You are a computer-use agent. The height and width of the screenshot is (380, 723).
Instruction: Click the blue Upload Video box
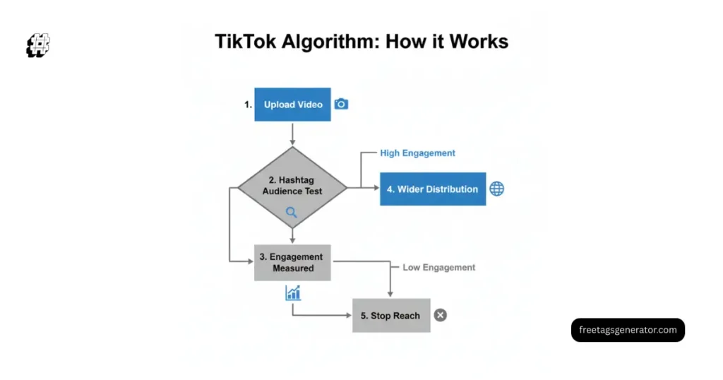pyautogui.click(x=292, y=105)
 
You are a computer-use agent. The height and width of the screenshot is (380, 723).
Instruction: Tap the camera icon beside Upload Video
pyautogui.click(x=341, y=105)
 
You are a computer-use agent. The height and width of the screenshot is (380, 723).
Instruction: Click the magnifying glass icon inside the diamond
pyautogui.click(x=292, y=212)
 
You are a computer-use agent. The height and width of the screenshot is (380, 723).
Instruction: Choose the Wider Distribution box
pyautogui.click(x=433, y=189)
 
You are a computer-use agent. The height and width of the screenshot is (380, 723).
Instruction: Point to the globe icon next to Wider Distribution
pyautogui.click(x=497, y=189)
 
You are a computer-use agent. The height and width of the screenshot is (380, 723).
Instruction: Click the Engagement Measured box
pyautogui.click(x=292, y=263)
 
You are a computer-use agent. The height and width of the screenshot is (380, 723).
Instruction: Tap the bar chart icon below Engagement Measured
pyautogui.click(x=293, y=292)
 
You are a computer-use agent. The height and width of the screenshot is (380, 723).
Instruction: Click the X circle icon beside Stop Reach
pyautogui.click(x=441, y=316)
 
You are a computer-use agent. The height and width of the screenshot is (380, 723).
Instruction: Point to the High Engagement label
pyautogui.click(x=417, y=153)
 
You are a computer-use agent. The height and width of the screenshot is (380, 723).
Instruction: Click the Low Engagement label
pyautogui.click(x=438, y=268)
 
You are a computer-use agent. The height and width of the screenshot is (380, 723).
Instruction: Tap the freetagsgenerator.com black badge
pyautogui.click(x=628, y=330)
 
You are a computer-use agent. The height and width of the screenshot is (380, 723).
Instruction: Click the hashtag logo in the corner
pyautogui.click(x=39, y=46)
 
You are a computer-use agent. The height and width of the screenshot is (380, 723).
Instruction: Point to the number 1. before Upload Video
pyautogui.click(x=248, y=105)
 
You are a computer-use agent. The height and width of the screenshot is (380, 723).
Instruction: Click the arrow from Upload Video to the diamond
pyautogui.click(x=292, y=134)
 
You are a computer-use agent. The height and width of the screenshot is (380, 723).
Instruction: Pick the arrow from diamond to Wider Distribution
pyautogui.click(x=364, y=189)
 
